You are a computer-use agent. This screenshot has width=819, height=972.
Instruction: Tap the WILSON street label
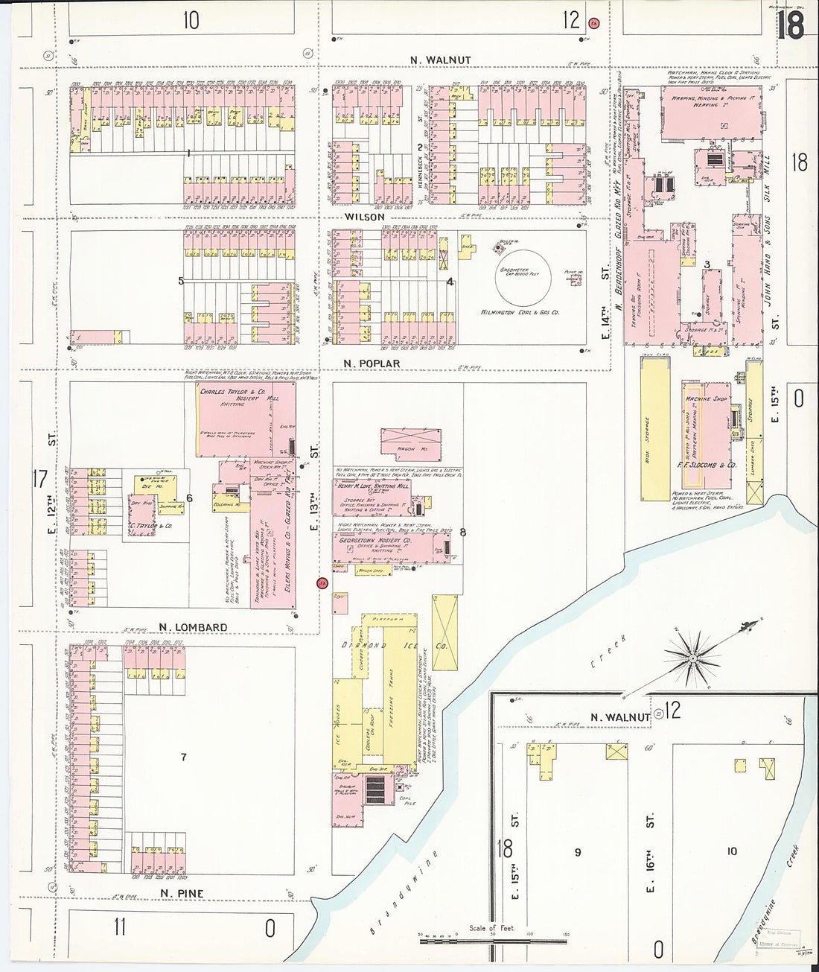click(x=364, y=217)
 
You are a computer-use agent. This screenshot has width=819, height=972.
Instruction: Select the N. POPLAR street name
click(x=372, y=363)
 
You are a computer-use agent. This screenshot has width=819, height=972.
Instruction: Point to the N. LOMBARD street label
click(x=193, y=627)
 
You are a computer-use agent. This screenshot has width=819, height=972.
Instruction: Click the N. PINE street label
click(x=181, y=893)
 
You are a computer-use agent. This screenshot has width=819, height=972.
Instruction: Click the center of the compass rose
click(x=693, y=658)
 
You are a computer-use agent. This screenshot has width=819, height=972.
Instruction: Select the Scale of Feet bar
click(x=491, y=941)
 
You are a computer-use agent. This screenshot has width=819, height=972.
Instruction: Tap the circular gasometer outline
click(x=525, y=275)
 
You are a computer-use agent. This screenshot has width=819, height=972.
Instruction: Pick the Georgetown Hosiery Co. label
click(x=375, y=540)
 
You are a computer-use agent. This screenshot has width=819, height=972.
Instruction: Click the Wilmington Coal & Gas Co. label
click(x=520, y=312)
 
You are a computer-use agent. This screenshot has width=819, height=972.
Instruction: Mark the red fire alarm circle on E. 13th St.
click(x=322, y=583)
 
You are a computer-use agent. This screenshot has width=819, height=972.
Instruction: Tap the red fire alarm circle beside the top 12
click(x=593, y=23)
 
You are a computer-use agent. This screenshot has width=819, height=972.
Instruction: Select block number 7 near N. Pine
click(x=183, y=757)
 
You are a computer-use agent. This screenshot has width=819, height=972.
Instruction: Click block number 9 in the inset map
click(x=577, y=852)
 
